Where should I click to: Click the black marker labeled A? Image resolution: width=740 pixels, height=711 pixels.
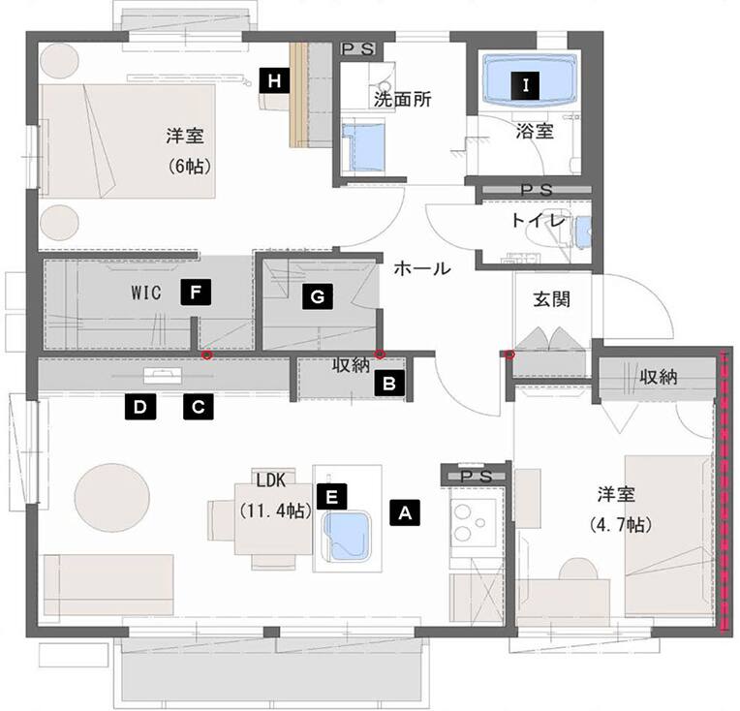[405, 512]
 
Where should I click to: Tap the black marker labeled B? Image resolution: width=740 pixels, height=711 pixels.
[389, 383]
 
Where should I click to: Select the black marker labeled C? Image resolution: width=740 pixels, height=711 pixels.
[199, 406]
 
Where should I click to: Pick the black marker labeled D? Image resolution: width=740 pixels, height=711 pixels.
[140, 406]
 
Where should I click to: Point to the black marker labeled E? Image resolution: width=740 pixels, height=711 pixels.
[332, 497]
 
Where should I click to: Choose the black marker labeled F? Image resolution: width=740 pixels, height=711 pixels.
[196, 293]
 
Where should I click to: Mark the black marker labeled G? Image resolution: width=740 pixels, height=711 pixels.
[318, 296]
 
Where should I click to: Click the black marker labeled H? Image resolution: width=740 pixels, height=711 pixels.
[274, 80]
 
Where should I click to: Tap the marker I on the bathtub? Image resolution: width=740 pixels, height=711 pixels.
[525, 85]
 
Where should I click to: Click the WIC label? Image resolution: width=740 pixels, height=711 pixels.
[146, 293]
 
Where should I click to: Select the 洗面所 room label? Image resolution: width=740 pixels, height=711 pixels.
[403, 99]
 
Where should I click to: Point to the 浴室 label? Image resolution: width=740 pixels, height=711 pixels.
[535, 131]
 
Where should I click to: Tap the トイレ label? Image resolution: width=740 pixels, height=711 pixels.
[538, 221]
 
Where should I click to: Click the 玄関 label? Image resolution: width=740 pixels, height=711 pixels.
[552, 299]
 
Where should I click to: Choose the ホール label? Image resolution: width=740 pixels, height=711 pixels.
[422, 268]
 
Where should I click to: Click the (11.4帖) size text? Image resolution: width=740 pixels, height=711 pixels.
[276, 510]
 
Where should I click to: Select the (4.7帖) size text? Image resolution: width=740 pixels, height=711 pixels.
[621, 524]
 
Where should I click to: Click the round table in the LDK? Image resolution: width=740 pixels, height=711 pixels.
[112, 498]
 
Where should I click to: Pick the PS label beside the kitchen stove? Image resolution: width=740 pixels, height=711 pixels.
[477, 477]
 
